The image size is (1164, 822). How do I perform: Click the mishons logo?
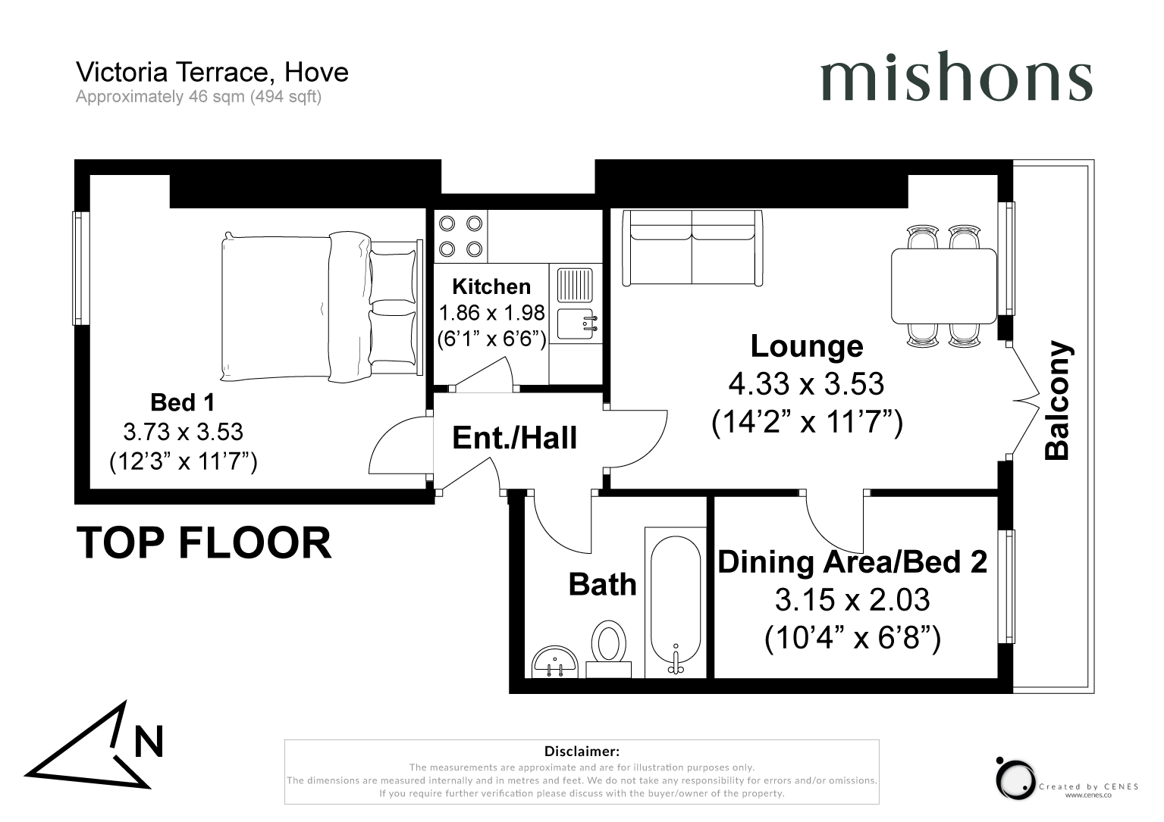(955, 77)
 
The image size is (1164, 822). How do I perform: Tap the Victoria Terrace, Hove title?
(212, 72)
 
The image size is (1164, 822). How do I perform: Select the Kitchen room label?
(491, 286)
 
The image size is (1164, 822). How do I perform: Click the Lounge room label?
(807, 346)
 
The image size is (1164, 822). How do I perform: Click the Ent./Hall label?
(514, 438)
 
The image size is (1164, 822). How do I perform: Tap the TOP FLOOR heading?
(204, 542)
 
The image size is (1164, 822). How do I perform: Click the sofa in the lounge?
(692, 248)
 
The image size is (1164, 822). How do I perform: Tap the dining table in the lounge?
(944, 286)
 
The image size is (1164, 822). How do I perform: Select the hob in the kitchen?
(460, 236)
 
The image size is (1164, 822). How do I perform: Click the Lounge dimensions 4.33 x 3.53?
(806, 384)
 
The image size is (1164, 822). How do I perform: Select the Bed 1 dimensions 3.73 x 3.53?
(184, 432)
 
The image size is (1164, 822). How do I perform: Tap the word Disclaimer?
(582, 752)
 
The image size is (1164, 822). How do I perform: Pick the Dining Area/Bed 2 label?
(852, 562)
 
